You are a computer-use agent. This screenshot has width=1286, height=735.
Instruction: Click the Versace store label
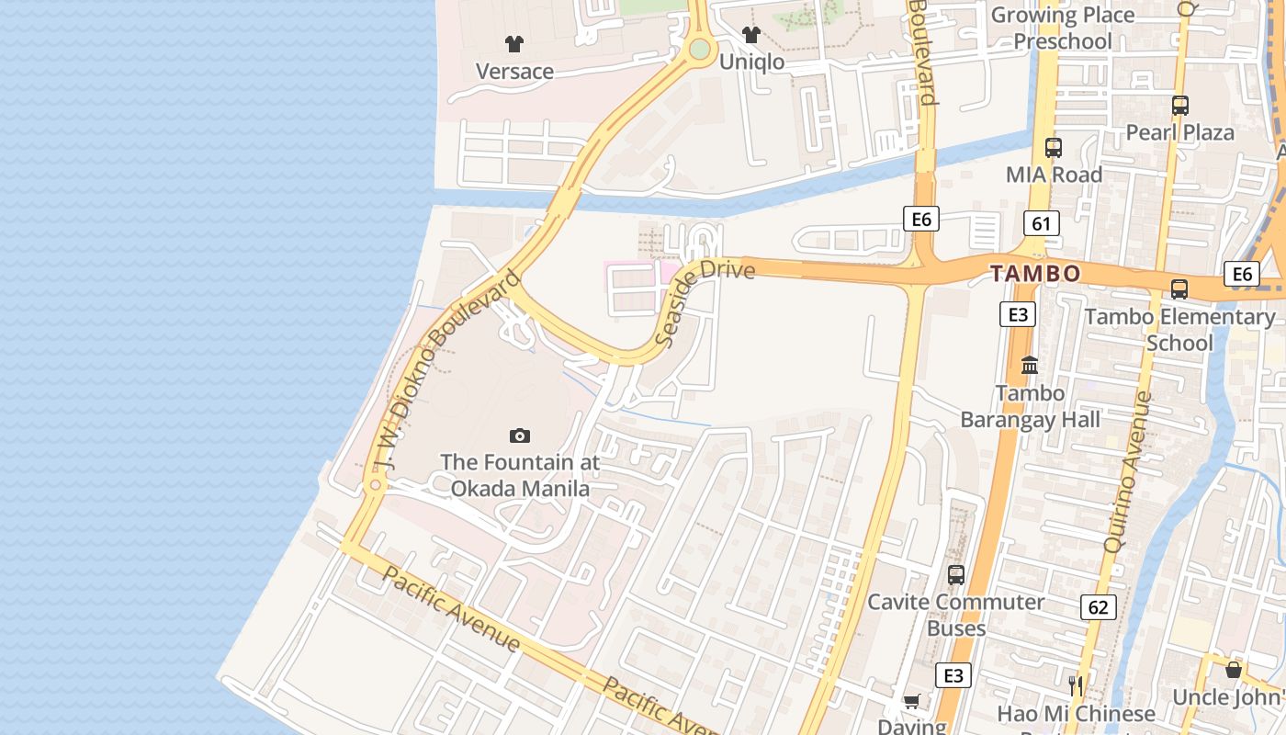514,71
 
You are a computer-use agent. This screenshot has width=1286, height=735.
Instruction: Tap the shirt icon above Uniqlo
751,35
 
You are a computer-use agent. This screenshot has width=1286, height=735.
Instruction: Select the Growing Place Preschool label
1062,28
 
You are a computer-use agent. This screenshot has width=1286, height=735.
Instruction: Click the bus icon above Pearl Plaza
1180,106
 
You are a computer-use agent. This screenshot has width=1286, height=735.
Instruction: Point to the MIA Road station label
1054,175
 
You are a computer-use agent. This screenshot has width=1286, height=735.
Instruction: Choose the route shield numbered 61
1041,222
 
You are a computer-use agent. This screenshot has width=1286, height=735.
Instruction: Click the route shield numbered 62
1098,606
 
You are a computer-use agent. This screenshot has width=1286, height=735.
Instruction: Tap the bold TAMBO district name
1035,274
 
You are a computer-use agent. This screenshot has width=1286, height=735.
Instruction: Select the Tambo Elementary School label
1179,329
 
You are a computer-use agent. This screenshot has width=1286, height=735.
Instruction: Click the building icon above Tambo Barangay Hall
1030,365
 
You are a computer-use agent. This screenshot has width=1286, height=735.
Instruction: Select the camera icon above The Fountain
520,435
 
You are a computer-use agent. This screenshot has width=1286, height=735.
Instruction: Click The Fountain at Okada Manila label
520,475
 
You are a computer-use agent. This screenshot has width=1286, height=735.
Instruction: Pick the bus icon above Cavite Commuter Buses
956,575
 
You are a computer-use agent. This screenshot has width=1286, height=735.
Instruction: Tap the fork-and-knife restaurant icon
1076,685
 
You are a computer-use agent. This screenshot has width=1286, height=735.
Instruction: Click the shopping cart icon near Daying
911,702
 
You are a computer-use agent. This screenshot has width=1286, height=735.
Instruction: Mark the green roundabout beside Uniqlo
700,49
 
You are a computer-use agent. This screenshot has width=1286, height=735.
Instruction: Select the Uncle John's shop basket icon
1233,670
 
